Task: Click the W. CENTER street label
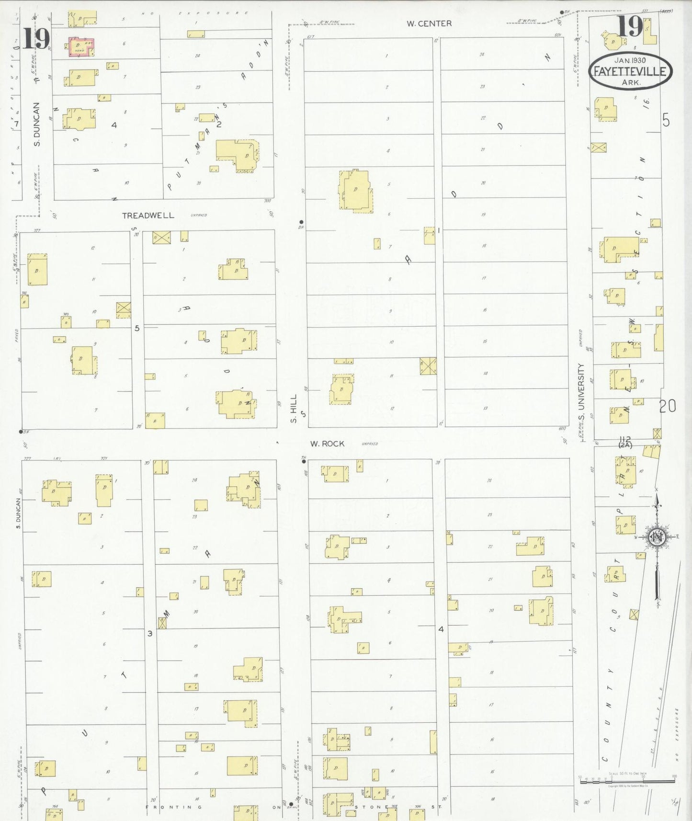click(429, 23)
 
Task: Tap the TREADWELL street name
click(148, 216)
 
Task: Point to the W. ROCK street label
click(327, 444)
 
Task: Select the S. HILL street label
click(294, 409)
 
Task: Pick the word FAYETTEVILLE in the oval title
click(630, 72)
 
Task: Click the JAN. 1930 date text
click(630, 60)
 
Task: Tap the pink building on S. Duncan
click(81, 47)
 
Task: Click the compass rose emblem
click(657, 537)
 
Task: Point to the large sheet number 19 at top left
click(36, 39)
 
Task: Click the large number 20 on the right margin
click(667, 406)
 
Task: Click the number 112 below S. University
click(625, 439)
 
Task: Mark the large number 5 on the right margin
click(666, 120)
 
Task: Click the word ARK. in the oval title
click(631, 82)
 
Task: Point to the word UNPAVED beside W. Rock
click(370, 444)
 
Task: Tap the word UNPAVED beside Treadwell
click(199, 216)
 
